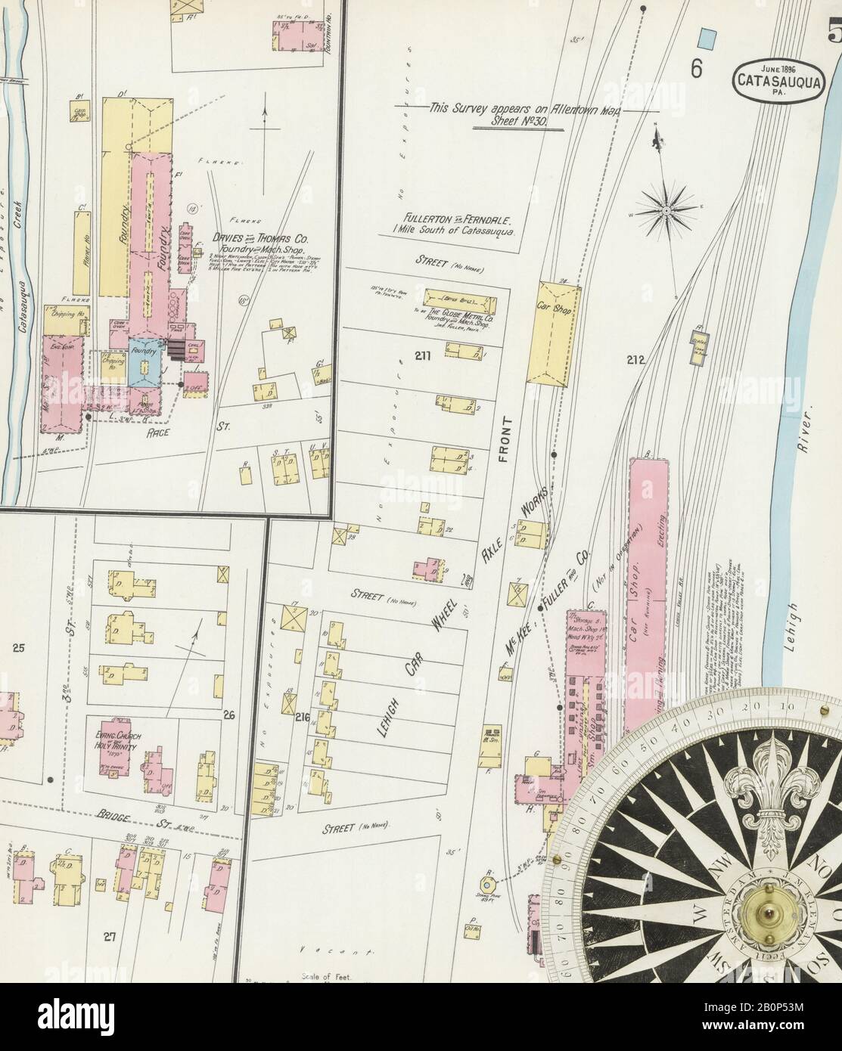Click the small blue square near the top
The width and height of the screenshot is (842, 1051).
pos(708,36)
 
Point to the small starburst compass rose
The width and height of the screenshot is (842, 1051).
pos(666,206)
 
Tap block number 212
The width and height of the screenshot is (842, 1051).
pos(635,360)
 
